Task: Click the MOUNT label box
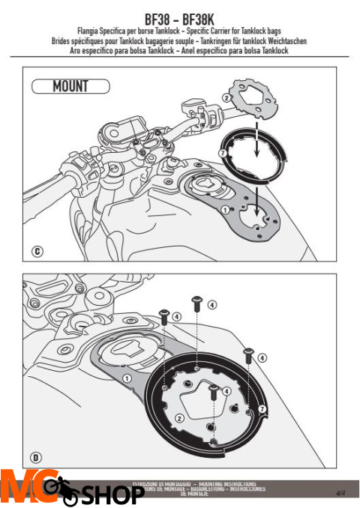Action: [70, 86]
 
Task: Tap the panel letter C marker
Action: [36, 253]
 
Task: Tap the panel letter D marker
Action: [36, 456]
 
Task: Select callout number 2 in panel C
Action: [226, 98]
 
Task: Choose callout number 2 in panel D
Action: [178, 417]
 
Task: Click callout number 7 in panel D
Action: [262, 409]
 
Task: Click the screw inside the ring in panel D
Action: [213, 390]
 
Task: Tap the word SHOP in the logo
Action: [112, 495]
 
